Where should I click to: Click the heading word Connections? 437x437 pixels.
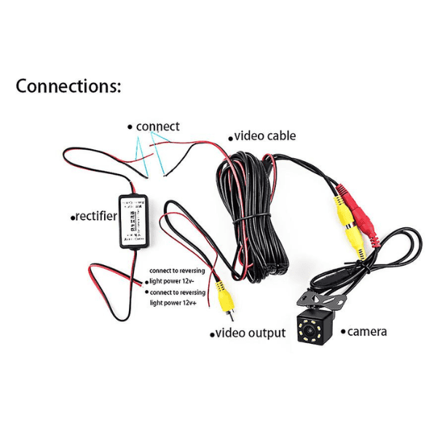click(x=68, y=86)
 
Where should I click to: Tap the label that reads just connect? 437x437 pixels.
click(x=157, y=126)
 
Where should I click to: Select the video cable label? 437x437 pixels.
click(x=265, y=135)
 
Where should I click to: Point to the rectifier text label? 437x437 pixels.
click(x=96, y=216)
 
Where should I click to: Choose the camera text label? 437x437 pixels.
click(x=366, y=331)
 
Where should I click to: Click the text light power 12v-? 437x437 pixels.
click(x=177, y=280)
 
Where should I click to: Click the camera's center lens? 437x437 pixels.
click(x=316, y=331)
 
